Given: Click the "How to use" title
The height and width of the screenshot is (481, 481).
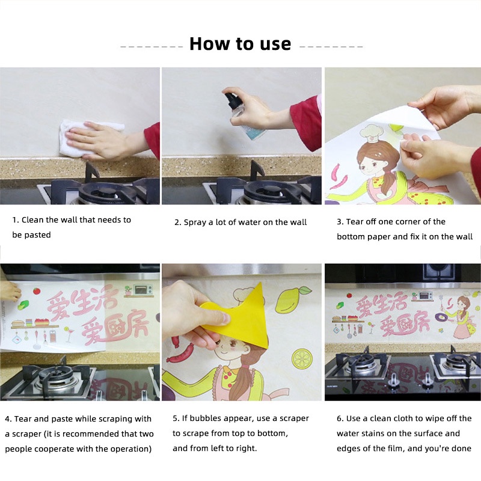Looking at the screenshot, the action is coord(240,44).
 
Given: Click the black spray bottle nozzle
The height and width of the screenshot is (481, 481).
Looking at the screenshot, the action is coord(232,99).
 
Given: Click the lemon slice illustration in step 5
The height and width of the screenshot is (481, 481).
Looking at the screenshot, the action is coord(302,359).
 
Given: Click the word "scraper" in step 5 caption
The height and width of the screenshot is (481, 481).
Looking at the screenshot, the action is coord(294,418).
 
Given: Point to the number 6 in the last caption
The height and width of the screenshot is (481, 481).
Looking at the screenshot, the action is coord(339,418).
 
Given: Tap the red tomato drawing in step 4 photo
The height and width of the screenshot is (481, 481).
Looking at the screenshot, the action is coord(37,290).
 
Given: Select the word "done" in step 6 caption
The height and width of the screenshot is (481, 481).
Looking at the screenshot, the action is coord(462,449).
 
